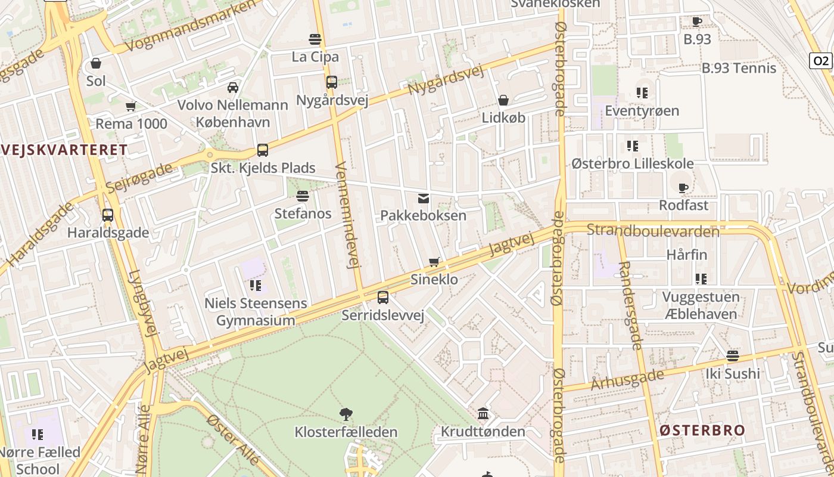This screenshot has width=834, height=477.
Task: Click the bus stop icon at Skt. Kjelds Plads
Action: coord(263,150)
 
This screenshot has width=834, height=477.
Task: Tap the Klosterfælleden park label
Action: coord(346,432)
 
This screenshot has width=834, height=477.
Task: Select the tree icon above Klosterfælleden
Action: coord(346,414)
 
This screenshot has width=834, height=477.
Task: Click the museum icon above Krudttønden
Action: coord(483,413)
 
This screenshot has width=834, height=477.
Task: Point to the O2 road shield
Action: coord(820,60)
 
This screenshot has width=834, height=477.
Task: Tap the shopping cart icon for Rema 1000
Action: coord(131,107)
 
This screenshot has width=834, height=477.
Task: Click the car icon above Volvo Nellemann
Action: coord(233,88)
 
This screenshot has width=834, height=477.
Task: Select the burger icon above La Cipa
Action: coord(315,39)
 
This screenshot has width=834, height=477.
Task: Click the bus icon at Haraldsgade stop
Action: coord(108,215)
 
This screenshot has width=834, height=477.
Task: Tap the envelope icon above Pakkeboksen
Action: coord(424,198)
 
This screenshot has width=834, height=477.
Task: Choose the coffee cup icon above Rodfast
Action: coord(683,188)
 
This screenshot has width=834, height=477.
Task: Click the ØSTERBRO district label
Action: coord(702,430)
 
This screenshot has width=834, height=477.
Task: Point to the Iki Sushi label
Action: coord(733,374)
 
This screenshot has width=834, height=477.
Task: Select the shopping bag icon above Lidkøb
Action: coord(503,100)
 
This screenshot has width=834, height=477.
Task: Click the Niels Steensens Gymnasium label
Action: coord(256,312)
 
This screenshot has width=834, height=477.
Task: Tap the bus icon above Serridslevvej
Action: coord(383,297)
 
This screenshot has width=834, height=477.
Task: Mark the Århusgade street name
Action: coord(627,379)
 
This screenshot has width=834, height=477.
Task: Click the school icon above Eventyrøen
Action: coord(642,93)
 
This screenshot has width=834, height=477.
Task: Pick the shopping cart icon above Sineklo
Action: coord(434,262)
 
